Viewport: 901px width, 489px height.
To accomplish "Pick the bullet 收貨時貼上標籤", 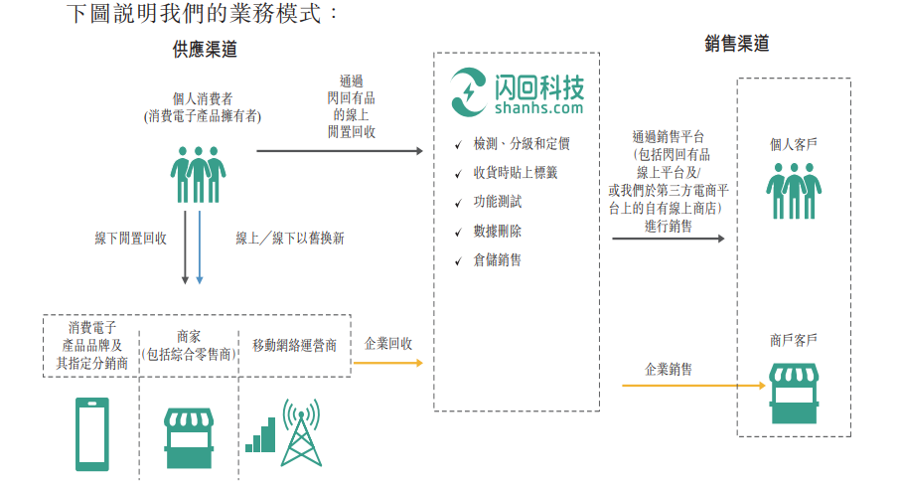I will [x=516, y=173].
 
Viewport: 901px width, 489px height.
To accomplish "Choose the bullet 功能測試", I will [x=498, y=202].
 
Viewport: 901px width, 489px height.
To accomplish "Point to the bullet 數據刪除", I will [x=498, y=231].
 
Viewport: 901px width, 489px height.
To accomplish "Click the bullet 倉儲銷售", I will [x=498, y=260].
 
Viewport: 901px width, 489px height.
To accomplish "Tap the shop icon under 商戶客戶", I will [x=793, y=397].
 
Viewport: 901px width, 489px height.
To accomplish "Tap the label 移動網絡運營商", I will [x=294, y=346].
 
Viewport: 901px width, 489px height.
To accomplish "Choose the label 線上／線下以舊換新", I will [x=290, y=239].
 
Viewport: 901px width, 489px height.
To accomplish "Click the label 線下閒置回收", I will [x=130, y=239].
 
